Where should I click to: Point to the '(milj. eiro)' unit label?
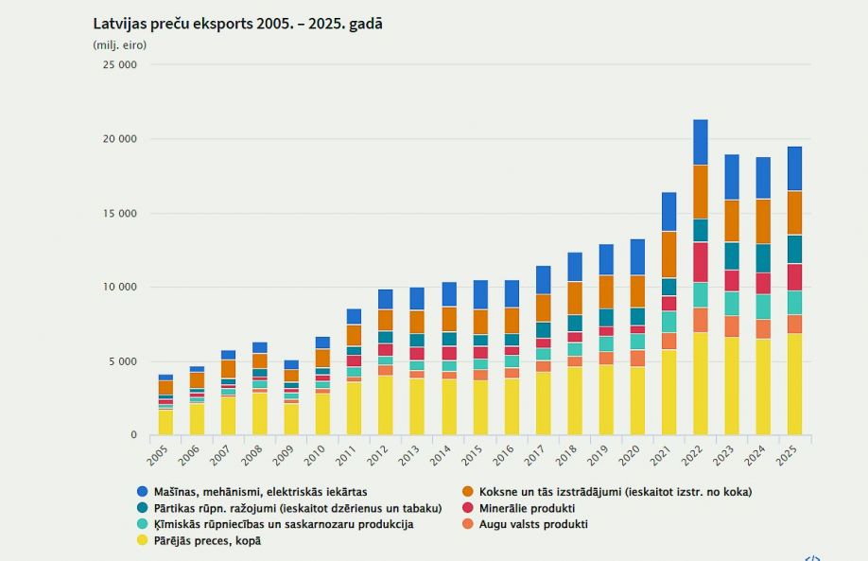[x=120, y=44]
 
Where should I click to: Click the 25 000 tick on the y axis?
[x=120, y=65]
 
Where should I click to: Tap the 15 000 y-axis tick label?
[x=120, y=213]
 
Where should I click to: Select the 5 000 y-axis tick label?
[x=123, y=361]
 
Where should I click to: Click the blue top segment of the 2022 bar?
[x=701, y=142]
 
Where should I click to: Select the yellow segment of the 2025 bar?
[x=794, y=383]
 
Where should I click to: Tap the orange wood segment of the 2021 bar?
[x=668, y=254]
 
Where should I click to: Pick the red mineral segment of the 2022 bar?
[x=701, y=262]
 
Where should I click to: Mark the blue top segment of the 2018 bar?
[x=575, y=267]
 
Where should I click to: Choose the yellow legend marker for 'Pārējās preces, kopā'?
[x=142, y=540]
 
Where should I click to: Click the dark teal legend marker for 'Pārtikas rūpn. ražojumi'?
[x=142, y=508]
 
